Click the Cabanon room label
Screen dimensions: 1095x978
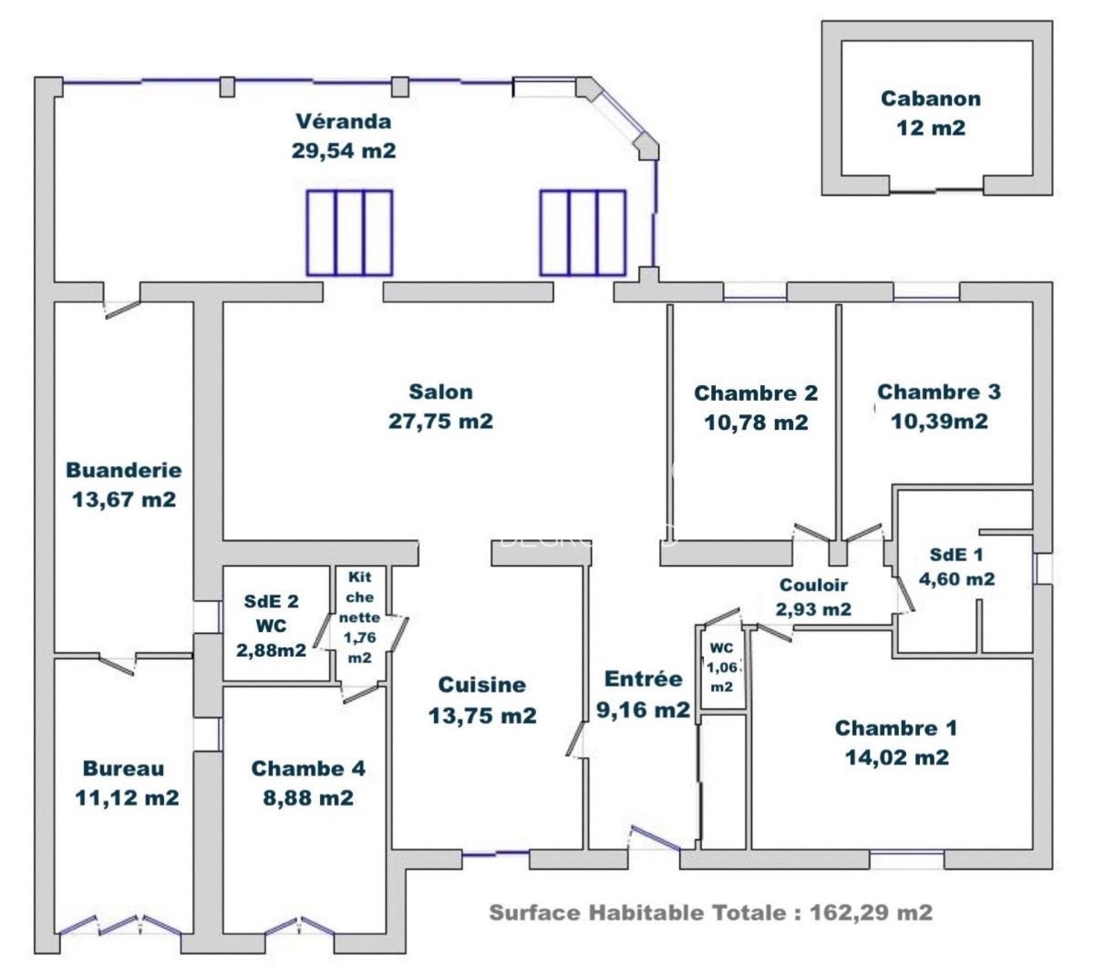click(x=931, y=99)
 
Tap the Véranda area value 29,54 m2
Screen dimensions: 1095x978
click(x=343, y=151)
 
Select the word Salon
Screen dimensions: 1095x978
click(x=441, y=392)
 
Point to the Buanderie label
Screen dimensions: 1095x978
click(x=124, y=470)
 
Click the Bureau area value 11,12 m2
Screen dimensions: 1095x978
click(x=127, y=798)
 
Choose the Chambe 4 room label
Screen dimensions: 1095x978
click(x=308, y=769)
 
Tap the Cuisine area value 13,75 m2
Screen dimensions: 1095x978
click(x=482, y=716)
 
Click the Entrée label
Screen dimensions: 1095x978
click(x=643, y=679)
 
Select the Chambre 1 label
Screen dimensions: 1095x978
click(x=896, y=728)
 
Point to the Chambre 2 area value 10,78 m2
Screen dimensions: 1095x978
click(x=756, y=423)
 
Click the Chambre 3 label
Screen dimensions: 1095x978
click(x=939, y=392)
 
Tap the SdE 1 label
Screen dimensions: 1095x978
click(x=956, y=555)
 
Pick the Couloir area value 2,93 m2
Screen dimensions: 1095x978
click(x=813, y=609)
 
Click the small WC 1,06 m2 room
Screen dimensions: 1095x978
click(x=721, y=667)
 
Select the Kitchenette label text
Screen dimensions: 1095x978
click(x=359, y=617)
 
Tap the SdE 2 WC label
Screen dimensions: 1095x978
click(x=271, y=614)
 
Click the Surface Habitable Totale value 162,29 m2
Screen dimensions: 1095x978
click(x=871, y=913)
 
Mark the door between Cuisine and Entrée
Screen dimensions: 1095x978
click(x=577, y=739)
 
